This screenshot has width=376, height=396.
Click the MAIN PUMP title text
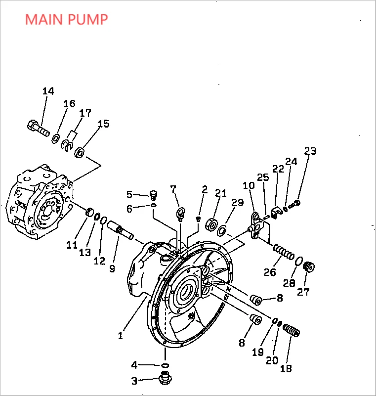click(66, 20)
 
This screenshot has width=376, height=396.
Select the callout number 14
click(48, 91)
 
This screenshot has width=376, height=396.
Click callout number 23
click(310, 151)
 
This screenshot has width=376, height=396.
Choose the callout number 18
click(286, 368)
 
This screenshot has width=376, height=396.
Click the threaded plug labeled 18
click(292, 330)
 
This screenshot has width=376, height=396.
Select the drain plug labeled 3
click(165, 379)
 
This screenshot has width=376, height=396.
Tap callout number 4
click(134, 365)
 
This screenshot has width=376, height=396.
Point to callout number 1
click(120, 336)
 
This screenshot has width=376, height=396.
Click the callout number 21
click(220, 193)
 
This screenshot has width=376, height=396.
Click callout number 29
click(238, 203)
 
